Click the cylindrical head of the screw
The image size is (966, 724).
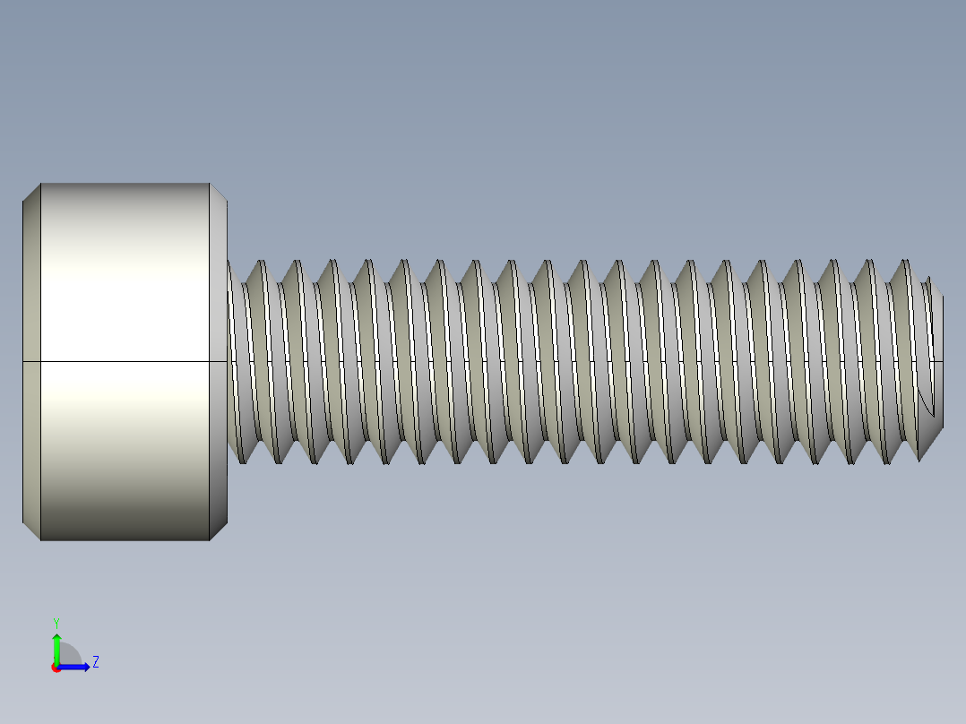[x=125, y=269]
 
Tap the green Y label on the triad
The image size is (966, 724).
[x=56, y=622]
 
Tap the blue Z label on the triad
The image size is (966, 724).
[x=95, y=662]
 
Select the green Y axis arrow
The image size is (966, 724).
[x=56, y=645]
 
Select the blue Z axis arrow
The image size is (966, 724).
[x=76, y=667]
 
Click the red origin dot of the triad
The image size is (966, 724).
[x=56, y=668]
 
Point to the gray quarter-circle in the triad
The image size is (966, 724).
[x=68, y=656]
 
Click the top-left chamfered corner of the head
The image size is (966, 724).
[x=31, y=192]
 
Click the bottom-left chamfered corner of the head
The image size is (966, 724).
[x=31, y=531]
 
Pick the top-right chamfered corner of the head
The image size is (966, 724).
[x=218, y=192]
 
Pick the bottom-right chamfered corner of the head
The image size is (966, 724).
[x=218, y=531]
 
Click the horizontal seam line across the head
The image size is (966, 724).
[x=125, y=361]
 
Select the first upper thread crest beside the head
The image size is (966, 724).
[x=263, y=263]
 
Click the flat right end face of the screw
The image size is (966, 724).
[x=938, y=340]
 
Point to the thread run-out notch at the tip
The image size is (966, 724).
[x=927, y=408]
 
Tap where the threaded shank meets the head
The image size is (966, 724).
[x=229, y=361]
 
